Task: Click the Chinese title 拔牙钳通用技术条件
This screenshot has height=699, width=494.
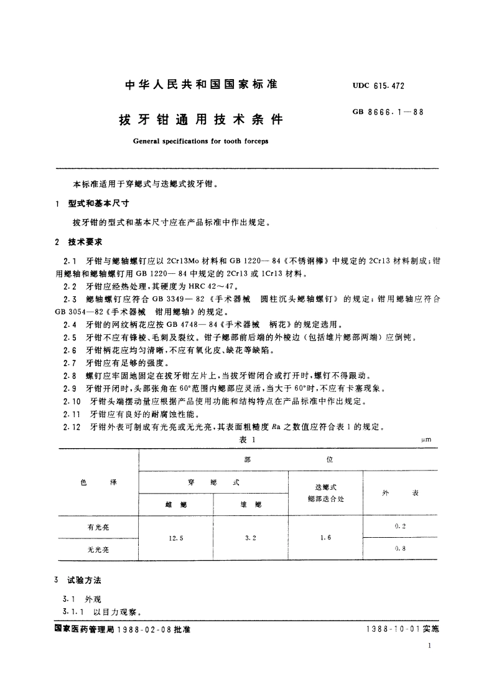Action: tap(196, 118)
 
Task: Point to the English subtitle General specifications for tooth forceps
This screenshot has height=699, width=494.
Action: tap(200, 141)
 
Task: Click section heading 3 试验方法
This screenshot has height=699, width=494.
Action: tap(82, 579)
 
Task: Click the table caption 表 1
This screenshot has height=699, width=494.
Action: tap(248, 439)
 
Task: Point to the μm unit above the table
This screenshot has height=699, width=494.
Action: tap(426, 440)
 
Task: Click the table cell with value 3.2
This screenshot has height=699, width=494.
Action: tap(250, 538)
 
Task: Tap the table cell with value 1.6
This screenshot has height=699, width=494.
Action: tap(325, 538)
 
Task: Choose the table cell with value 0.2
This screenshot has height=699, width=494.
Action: tap(399, 526)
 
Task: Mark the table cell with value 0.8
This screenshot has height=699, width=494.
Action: tap(399, 549)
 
